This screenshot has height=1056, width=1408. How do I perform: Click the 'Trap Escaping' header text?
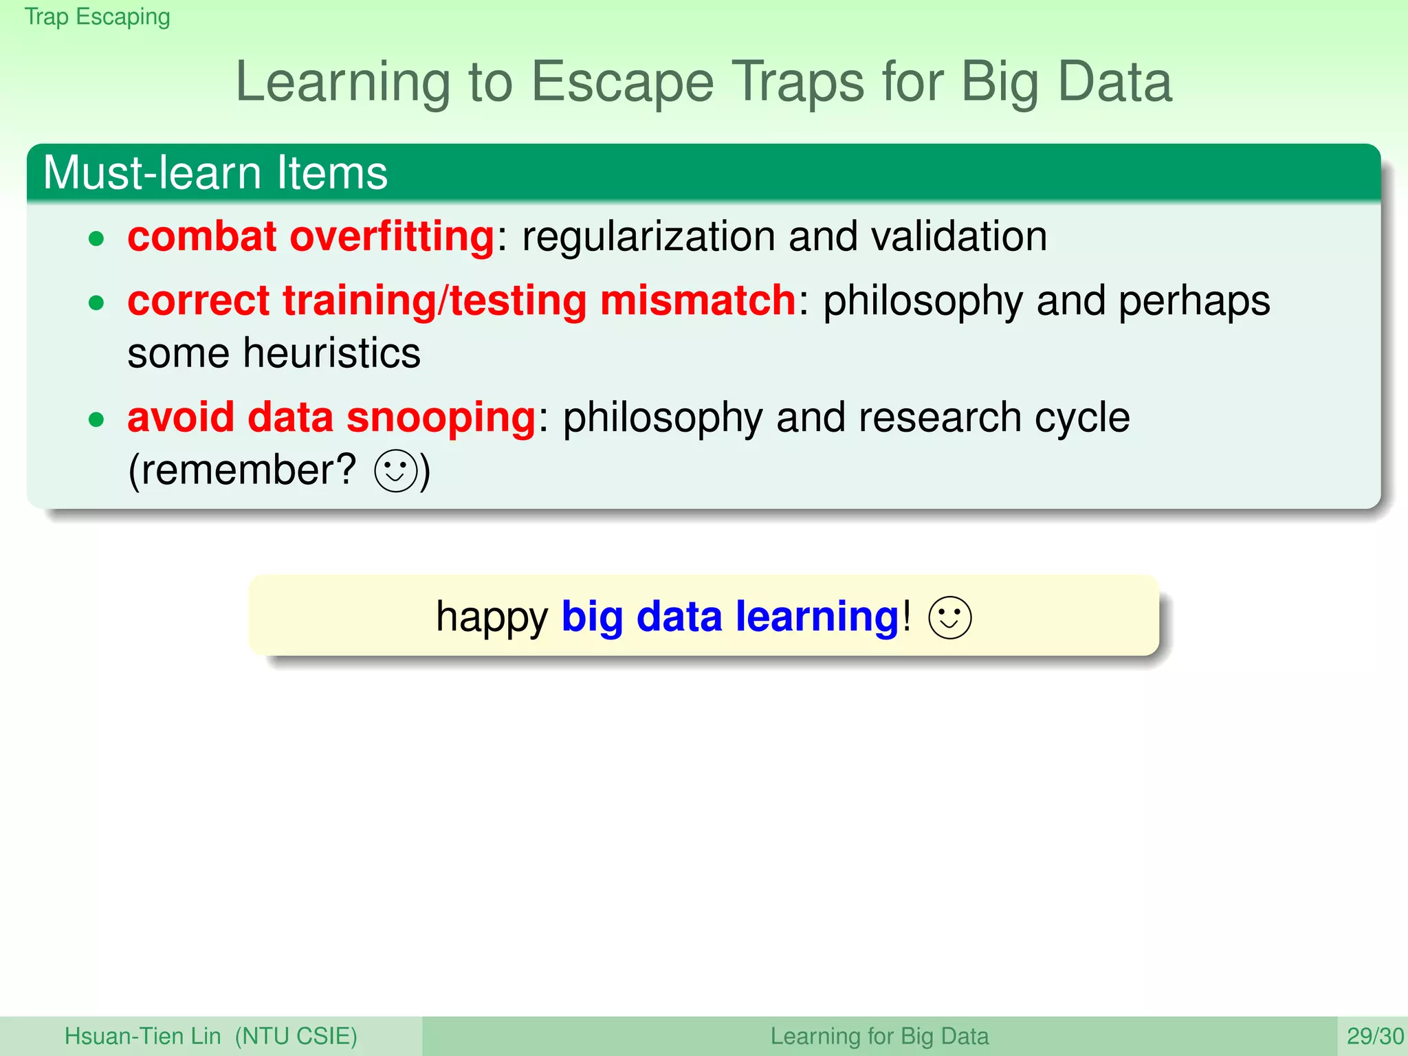(97, 16)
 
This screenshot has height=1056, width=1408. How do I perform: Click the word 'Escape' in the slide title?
(622, 82)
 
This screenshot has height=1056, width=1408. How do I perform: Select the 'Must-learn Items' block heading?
(215, 173)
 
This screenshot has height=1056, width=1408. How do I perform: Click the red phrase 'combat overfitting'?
(311, 236)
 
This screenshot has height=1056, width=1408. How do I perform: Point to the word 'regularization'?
(648, 236)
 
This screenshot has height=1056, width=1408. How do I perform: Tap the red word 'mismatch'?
(698, 300)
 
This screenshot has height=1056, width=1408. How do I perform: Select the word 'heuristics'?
(331, 353)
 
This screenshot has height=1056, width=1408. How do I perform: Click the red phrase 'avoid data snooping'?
(331, 417)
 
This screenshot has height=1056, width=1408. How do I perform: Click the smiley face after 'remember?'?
(396, 471)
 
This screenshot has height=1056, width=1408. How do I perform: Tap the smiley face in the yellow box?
(949, 617)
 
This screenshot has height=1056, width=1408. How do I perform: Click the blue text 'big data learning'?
(730, 616)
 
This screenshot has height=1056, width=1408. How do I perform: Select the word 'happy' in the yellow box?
(492, 617)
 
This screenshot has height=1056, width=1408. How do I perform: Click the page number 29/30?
(1374, 1036)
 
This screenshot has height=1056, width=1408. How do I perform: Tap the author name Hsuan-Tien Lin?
(142, 1036)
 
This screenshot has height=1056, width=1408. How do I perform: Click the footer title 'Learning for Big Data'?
(879, 1036)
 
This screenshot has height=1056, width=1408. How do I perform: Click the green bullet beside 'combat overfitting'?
(96, 239)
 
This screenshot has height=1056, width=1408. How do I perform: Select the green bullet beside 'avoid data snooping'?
(96, 420)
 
